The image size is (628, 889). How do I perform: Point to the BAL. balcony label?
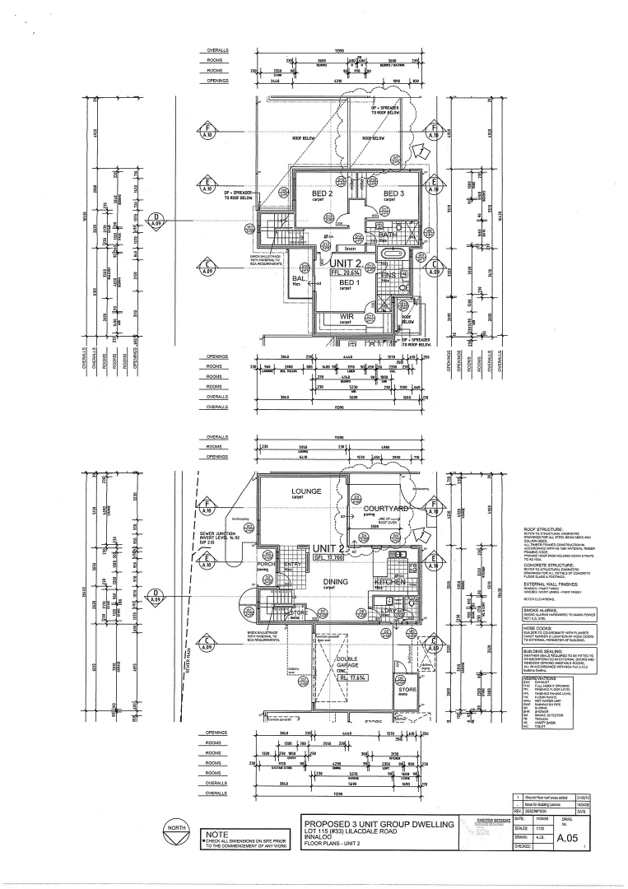pyautogui.click(x=298, y=278)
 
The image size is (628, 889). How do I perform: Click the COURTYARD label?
pyautogui.click(x=386, y=510)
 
